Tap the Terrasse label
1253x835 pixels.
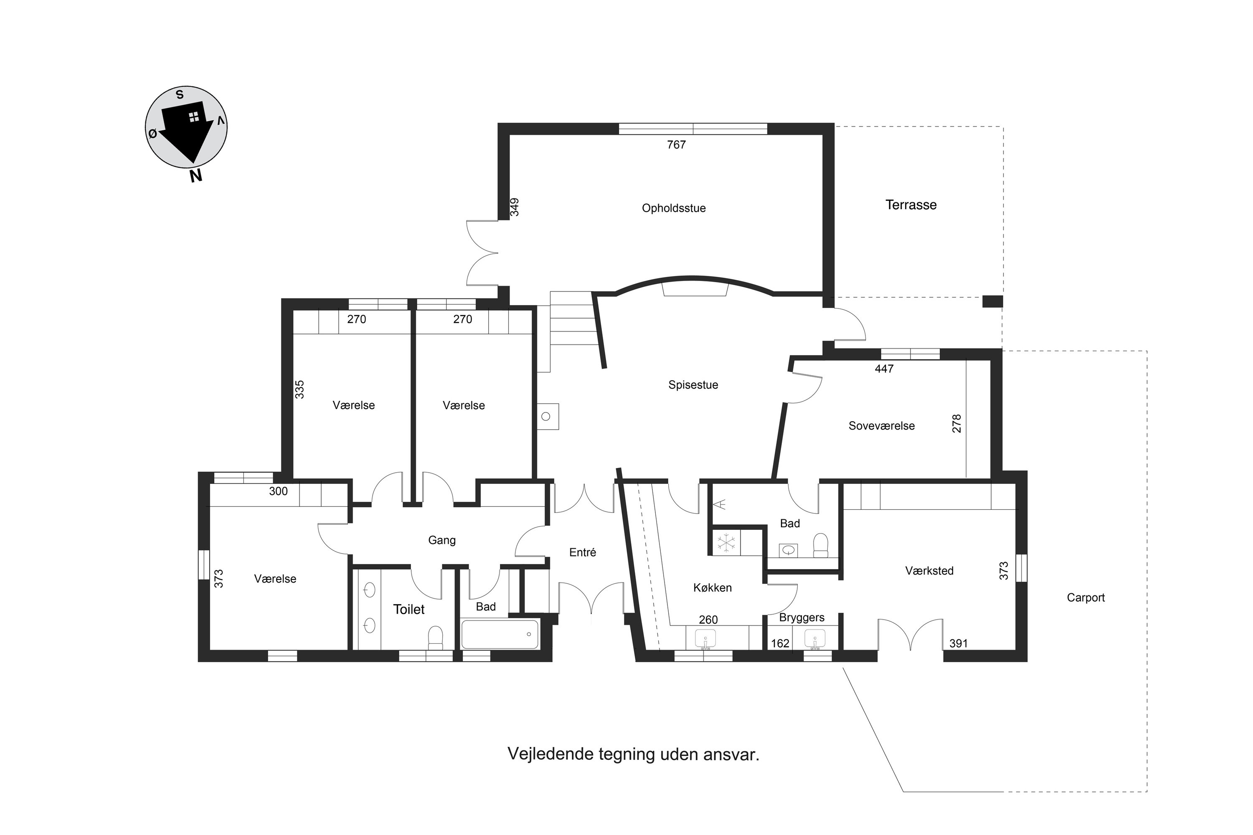coord(911,205)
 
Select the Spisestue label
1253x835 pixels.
coord(693,385)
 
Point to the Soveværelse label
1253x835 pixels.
coord(881,425)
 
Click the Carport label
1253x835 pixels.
coord(1085,597)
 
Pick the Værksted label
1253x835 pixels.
coord(929,571)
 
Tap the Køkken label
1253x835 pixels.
coord(712,588)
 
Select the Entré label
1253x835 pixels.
coord(582,552)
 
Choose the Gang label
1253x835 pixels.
coord(441,541)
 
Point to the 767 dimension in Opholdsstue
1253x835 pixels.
coord(676,145)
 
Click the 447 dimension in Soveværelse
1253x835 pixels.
coord(884,369)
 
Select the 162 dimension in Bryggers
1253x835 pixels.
coord(780,643)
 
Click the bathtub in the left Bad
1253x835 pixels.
coord(500,634)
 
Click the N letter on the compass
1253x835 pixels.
coord(196,176)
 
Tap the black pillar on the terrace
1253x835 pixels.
coord(992,301)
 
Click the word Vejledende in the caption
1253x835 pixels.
coord(550,754)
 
